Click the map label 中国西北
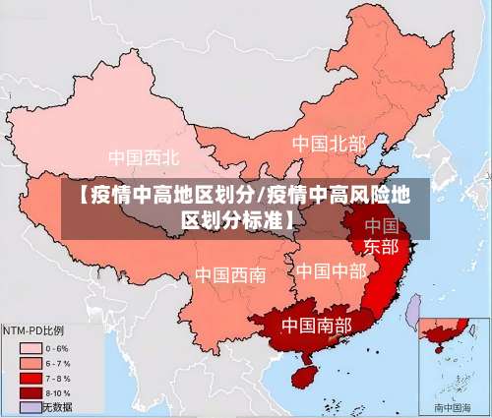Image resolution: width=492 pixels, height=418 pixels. click(144, 156)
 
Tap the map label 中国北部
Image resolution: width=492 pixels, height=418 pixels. click(328, 144)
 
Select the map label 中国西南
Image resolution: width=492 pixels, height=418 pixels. click(229, 274)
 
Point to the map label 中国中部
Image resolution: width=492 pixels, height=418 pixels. click(331, 269)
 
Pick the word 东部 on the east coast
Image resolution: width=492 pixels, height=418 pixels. click(381, 246)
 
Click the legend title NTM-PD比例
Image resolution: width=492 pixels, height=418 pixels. click(34, 330)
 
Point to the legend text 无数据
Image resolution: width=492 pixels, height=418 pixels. click(57, 406)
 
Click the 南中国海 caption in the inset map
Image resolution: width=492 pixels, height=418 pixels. click(453, 406)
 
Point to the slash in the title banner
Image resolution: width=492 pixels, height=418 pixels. click(260, 194)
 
